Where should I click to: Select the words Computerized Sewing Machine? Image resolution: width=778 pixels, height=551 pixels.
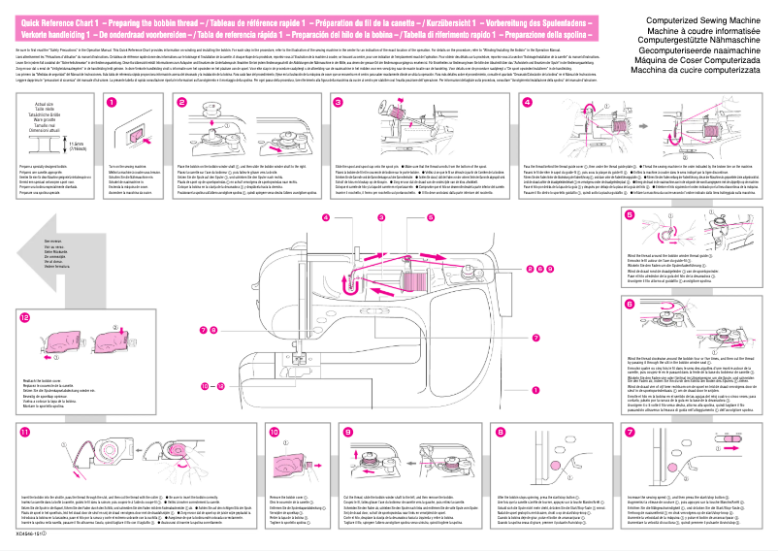click(x=694, y=19)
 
